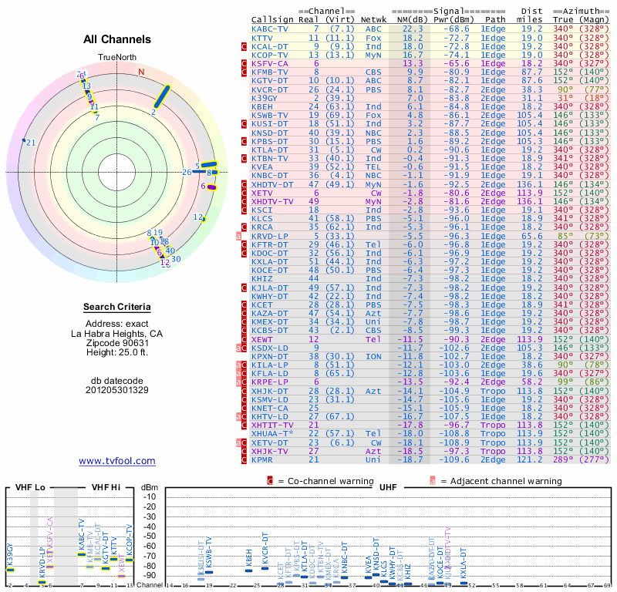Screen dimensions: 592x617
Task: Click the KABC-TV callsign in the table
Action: [x=269, y=29]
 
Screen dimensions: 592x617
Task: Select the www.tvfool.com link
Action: [x=117, y=461]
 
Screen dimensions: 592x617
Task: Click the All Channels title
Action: [x=117, y=39]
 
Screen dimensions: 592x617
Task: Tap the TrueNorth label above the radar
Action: [x=116, y=59]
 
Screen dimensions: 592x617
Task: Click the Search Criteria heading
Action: [x=117, y=308]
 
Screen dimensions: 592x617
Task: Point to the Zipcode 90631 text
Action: [x=117, y=343]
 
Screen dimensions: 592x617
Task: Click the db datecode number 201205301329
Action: [x=117, y=390]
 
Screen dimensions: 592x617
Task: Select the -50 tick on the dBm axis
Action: [x=149, y=536]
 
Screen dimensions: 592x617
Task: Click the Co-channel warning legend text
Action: [x=325, y=481]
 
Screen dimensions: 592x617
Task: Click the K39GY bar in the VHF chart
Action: [x=11, y=570]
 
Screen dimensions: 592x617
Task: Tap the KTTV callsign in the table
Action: [x=262, y=37]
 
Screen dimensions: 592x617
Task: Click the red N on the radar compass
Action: [x=141, y=72]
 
